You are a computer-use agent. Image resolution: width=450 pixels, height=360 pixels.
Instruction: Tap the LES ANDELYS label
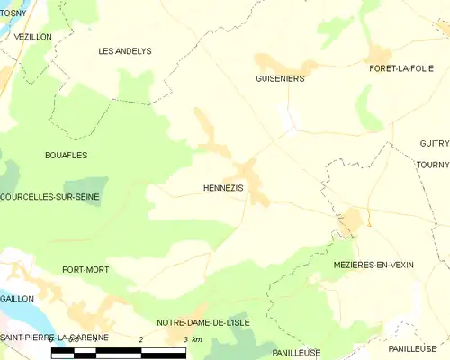[124, 51]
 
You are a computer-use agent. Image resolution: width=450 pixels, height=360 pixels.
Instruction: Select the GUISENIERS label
[279, 78]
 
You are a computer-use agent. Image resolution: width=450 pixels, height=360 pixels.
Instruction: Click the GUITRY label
[434, 143]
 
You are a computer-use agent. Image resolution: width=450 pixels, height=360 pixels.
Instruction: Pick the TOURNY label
[433, 165]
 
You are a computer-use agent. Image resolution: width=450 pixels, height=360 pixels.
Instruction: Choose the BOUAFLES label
[66, 155]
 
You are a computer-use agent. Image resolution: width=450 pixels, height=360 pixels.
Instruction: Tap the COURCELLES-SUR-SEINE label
[50, 196]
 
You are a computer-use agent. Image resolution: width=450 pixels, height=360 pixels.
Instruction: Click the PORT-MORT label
[85, 269]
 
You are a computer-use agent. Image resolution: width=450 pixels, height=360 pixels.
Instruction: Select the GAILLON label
[17, 298]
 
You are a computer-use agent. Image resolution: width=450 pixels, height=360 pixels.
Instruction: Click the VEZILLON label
[34, 37]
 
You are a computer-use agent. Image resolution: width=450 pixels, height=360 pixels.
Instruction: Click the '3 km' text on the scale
[191, 338]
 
